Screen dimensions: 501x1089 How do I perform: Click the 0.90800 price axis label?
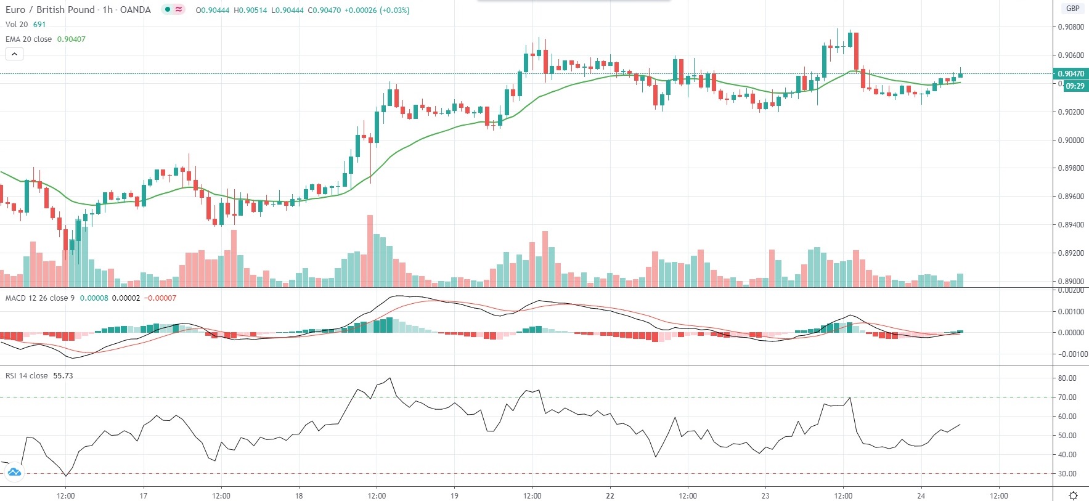[1071, 27]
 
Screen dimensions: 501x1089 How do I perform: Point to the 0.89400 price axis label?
[1071, 225]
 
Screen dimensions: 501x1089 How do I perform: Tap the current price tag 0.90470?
[1071, 74]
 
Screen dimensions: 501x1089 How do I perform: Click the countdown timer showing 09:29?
[1075, 86]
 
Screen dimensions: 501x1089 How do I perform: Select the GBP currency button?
[1073, 9]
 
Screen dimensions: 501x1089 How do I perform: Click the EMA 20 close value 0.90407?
[71, 39]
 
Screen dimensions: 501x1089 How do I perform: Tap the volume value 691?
[39, 25]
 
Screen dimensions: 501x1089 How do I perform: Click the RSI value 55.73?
[63, 376]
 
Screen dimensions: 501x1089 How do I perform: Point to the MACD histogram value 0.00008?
[94, 298]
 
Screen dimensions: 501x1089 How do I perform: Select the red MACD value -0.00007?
[160, 298]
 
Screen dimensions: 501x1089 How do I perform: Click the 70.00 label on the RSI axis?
[1067, 397]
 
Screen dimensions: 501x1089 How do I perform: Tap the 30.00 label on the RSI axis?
[1067, 474]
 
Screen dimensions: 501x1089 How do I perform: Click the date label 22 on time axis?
[610, 496]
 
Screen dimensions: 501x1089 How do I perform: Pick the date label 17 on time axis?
[143, 496]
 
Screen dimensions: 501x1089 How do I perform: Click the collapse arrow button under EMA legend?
[14, 54]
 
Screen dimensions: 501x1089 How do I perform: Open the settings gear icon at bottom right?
[1073, 495]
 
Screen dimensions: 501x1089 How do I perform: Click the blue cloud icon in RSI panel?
[14, 473]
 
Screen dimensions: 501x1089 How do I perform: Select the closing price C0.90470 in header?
[324, 10]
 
